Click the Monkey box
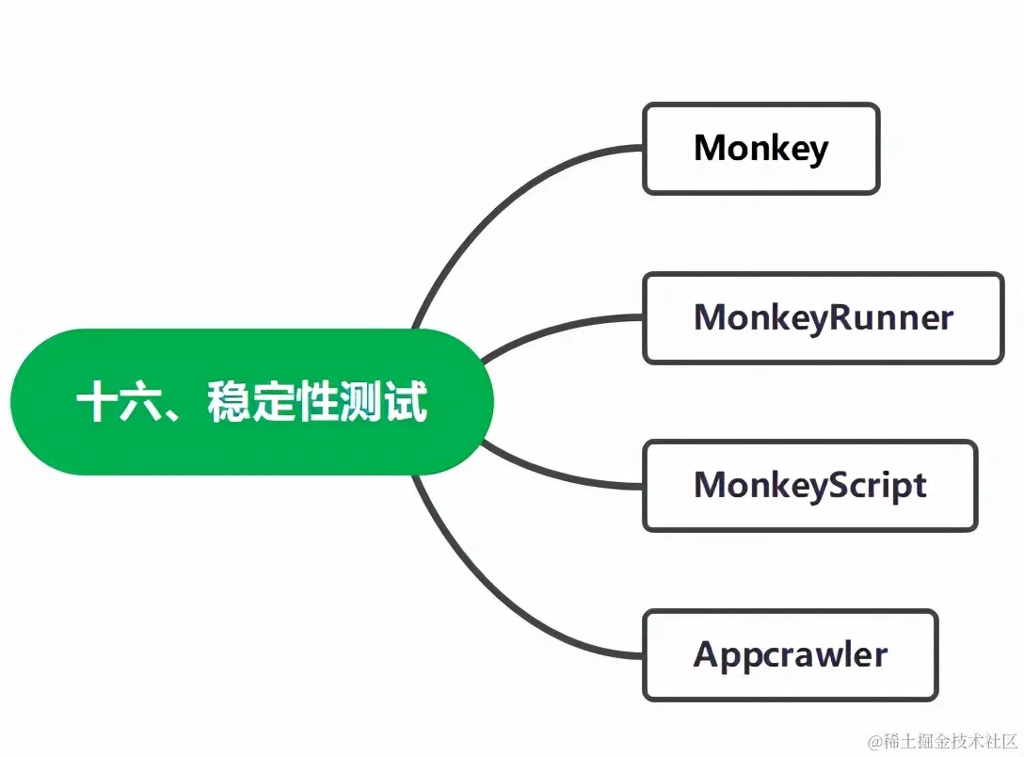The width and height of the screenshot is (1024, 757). (x=760, y=149)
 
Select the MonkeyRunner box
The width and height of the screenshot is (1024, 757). (x=823, y=318)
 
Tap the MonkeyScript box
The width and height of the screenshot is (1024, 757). (x=809, y=486)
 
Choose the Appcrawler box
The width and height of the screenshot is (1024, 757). (x=790, y=655)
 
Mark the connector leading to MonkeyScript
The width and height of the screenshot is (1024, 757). (x=565, y=475)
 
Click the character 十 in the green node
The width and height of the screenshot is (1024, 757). (x=95, y=402)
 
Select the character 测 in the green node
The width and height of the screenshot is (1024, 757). (x=362, y=402)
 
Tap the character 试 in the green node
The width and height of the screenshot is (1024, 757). (x=407, y=402)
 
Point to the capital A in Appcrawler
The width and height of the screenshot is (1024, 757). (x=707, y=654)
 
